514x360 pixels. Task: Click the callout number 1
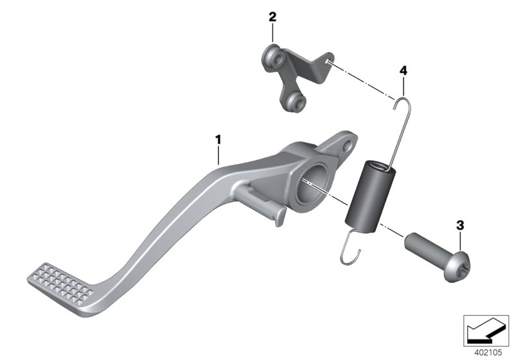click(x=218, y=139)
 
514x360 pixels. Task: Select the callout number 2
click(x=272, y=17)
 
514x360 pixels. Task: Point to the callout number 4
click(x=403, y=69)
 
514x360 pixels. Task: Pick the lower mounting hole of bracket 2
click(x=294, y=100)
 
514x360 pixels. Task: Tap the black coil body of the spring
click(x=373, y=192)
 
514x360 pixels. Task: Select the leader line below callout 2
click(x=272, y=33)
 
